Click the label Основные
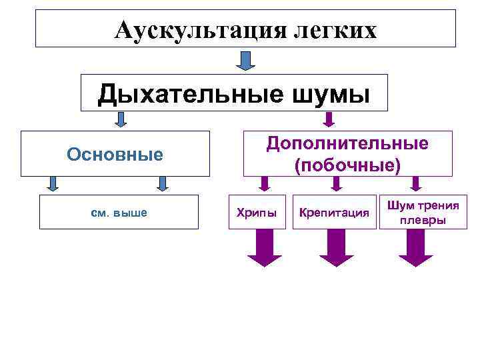pos(115,155)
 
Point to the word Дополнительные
pos(347,143)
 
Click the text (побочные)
pos(347,165)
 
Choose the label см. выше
pos(118,213)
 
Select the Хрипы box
pos(257,213)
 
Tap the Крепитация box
pos(334,213)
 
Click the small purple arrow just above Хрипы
pos(265,184)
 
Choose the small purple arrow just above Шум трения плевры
pos(416,184)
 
